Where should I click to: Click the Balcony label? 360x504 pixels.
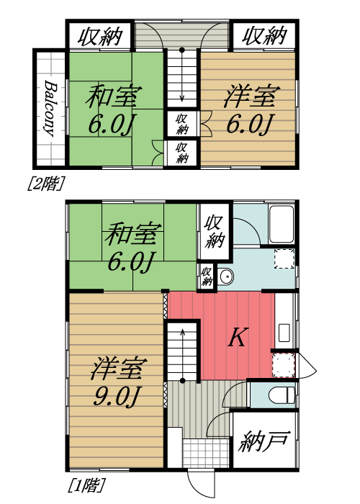[50, 108]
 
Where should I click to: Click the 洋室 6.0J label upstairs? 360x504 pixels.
[248, 110]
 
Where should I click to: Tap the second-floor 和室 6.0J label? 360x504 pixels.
[114, 110]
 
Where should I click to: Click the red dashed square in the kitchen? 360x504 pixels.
[284, 365]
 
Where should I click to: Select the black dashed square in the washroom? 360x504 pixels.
[284, 258]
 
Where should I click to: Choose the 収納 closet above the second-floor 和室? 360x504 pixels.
[100, 35]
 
